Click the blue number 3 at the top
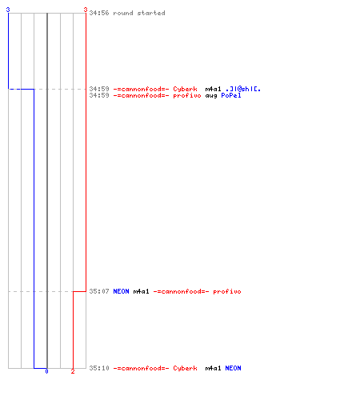tap(8, 10)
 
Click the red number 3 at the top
tap(86, 10)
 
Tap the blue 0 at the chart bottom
tap(46, 371)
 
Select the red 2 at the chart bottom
tap(73, 371)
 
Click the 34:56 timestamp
tap(99, 13)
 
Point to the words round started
tap(139, 13)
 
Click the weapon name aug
tap(211, 95)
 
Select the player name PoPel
tap(231, 95)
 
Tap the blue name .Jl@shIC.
tap(243, 89)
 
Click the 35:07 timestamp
tap(99, 291)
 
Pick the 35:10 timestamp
tap(99, 368)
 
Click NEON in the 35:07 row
tap(121, 291)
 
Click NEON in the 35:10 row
tap(233, 368)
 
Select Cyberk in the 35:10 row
tap(185, 368)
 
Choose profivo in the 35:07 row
tap(227, 291)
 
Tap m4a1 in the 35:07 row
tap(141, 291)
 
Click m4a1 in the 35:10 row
tap(213, 368)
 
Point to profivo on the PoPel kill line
tap(187, 95)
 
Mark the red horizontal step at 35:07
tap(79, 291)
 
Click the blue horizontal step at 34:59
tap(22, 89)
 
